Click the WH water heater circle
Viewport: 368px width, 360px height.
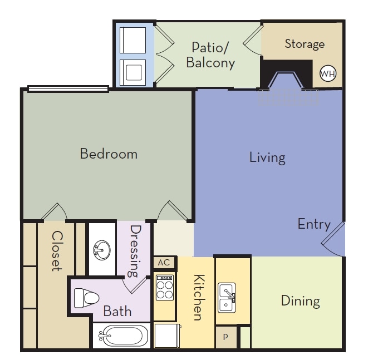coord(327,73)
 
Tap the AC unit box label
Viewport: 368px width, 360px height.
coord(164,263)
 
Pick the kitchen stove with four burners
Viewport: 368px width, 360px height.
coord(164,288)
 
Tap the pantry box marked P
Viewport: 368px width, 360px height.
coord(226,337)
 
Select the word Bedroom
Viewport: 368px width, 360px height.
coord(109,154)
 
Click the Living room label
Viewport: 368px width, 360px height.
coord(267,157)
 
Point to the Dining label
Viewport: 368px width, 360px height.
coord(300,301)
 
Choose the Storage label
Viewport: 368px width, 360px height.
coord(305,44)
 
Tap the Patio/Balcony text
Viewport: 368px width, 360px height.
coord(210,55)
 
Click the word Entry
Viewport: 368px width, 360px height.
coord(314,224)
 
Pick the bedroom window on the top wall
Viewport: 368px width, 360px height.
coord(68,88)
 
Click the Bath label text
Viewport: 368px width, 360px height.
coord(117,311)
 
